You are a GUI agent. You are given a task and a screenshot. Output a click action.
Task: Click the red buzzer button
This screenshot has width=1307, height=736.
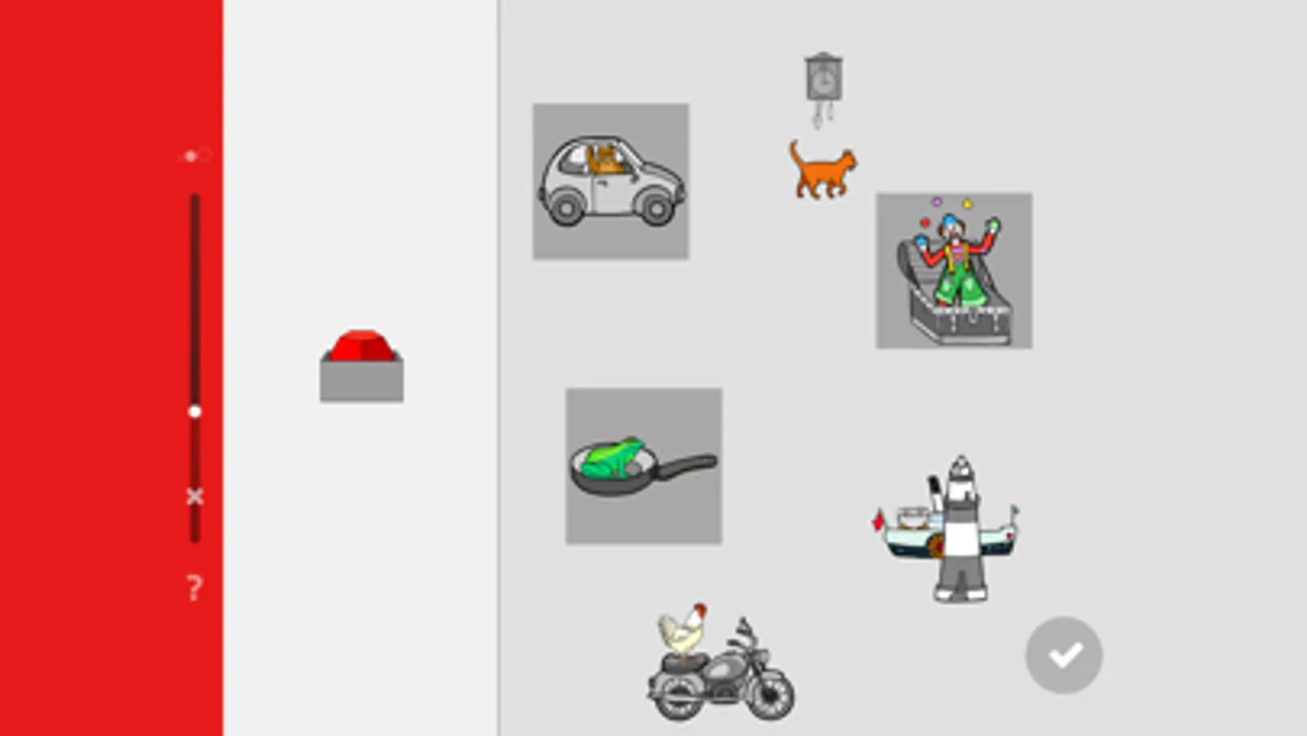[x=361, y=348]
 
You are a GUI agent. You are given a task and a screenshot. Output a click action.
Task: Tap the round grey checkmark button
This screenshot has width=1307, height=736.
[x=1063, y=655]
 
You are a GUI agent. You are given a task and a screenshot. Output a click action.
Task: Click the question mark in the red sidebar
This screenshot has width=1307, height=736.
[x=194, y=587]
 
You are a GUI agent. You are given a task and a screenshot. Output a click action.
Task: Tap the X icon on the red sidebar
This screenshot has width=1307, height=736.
[x=195, y=496]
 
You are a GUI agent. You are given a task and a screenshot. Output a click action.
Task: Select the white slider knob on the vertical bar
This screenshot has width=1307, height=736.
[x=195, y=411]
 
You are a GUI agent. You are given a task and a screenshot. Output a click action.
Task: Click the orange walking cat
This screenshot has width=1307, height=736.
[x=821, y=170]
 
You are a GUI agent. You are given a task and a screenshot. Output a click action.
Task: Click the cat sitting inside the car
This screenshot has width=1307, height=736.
[x=606, y=159]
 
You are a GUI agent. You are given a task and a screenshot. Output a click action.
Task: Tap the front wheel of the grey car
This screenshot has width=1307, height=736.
[x=656, y=208]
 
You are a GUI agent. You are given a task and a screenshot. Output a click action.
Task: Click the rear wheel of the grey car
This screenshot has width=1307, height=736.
[x=566, y=208]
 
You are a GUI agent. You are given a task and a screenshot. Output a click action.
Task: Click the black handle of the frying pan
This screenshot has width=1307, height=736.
[x=687, y=467]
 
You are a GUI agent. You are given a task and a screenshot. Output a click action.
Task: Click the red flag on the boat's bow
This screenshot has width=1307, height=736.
[x=879, y=520]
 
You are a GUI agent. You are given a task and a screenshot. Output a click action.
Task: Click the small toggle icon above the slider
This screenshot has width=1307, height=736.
[x=195, y=155]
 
